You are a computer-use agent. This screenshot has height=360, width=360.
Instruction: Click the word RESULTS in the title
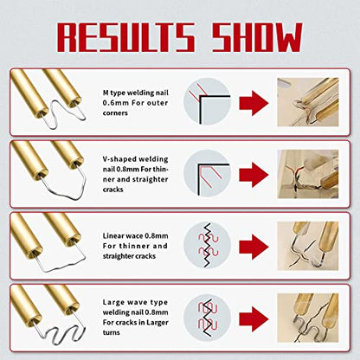(x=125, y=37)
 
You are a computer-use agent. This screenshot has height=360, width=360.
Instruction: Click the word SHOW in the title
(x=257, y=37)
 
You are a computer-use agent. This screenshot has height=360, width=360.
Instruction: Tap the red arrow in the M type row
(x=254, y=103)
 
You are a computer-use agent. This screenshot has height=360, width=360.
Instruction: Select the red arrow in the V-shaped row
(x=254, y=175)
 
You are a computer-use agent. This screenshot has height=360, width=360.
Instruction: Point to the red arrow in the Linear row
(x=254, y=247)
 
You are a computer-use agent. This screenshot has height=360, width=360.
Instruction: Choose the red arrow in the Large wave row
(x=254, y=318)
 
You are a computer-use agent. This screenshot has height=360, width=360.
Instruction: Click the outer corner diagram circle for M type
(x=208, y=101)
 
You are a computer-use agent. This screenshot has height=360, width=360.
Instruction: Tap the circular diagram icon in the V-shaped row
(x=208, y=173)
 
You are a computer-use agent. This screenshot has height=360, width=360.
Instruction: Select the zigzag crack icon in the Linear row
(x=208, y=245)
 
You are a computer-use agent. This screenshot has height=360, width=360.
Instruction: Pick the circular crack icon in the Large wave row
(x=208, y=318)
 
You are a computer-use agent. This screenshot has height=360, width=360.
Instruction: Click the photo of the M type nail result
(x=308, y=102)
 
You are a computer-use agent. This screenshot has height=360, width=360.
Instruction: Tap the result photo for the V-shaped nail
(x=308, y=174)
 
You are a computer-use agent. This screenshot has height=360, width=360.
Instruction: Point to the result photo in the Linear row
(x=308, y=246)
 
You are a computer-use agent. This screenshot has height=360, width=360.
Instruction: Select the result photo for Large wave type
(x=308, y=318)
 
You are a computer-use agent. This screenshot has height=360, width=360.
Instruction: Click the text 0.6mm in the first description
(x=112, y=103)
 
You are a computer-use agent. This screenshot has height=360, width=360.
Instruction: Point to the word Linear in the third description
(x=112, y=236)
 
